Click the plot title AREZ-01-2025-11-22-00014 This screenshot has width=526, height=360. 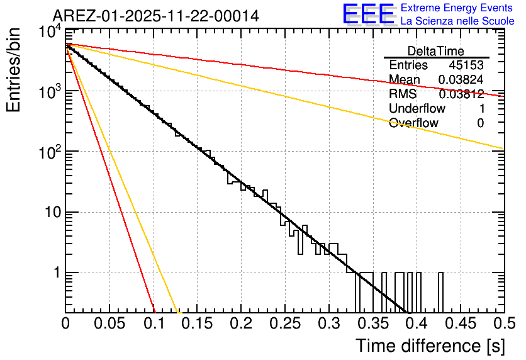tap(155, 16)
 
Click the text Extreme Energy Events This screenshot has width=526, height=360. tap(457, 8)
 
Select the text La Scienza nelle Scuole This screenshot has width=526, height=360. tap(457, 21)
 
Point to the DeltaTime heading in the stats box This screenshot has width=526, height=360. tap(436, 51)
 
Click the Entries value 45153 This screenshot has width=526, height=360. tap(466, 65)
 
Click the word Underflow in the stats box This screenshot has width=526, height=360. tap(417, 109)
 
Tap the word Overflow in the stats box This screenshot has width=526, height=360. tap(413, 123)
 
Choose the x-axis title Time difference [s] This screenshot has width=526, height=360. tap(430, 346)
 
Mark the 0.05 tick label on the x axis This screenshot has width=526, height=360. tap(109, 324)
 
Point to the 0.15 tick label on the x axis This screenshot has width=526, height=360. tap(197, 324)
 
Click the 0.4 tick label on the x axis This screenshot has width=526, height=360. tap(416, 324)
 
